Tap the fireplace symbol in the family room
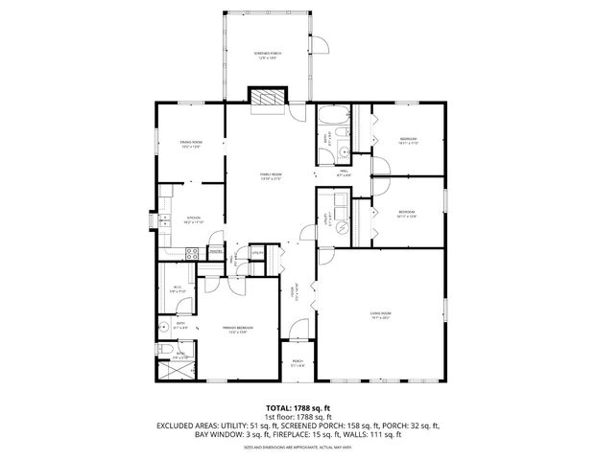pos(268,98)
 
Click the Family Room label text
pos(270,175)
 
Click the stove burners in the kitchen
pos(191,255)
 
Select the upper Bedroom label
pos(409,141)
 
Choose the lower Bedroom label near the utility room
pos(407,213)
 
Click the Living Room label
pos(381,313)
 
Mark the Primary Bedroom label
pos(236,331)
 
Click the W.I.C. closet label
pos(178,289)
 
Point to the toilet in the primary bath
pos(163,327)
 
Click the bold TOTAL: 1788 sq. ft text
pos(298,407)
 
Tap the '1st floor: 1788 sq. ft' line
pos(298,417)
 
